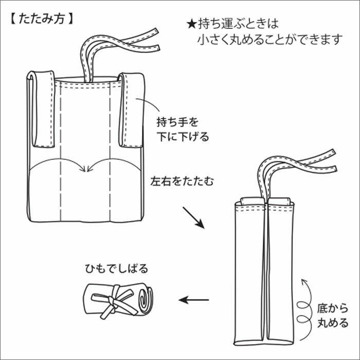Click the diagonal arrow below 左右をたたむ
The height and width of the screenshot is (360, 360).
click(x=194, y=218)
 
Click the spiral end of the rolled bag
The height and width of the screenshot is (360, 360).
click(x=145, y=299)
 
